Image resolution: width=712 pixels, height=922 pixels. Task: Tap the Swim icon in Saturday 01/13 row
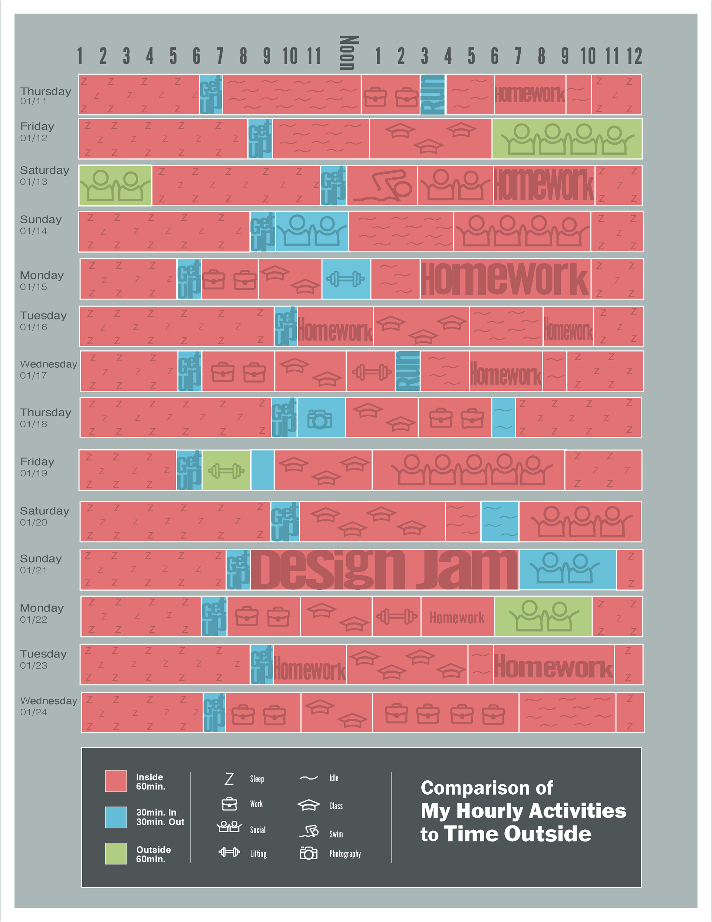pos(382,186)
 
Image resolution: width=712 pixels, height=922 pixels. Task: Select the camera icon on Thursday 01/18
pos(320,419)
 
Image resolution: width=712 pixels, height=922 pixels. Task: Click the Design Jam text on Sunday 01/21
pos(384,570)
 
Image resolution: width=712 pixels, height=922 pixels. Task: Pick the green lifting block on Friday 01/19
pos(226,471)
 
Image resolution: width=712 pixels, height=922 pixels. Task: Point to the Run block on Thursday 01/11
pos(433,95)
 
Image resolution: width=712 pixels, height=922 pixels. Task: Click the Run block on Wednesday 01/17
pos(408,371)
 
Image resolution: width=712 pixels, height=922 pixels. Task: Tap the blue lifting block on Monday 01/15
pos(346,279)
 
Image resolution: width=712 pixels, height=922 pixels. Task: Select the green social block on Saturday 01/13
pos(115,186)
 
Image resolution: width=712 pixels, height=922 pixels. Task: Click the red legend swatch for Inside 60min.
pos(116,781)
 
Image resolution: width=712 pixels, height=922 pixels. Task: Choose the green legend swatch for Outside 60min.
pos(116,854)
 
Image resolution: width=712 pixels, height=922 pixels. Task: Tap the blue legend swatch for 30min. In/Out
pos(116,817)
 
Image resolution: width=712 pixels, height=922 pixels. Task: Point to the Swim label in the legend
pos(336,834)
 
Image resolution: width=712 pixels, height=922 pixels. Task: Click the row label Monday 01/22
pos(42,613)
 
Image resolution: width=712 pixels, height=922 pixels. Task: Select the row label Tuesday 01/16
pos(43,321)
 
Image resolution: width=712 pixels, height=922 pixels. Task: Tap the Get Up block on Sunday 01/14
pos(263,232)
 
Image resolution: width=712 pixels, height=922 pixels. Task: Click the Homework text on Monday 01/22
pos(457,618)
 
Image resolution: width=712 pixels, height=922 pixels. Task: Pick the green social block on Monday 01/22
pos(543,616)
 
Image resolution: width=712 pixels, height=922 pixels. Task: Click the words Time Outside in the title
pos(518,834)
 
